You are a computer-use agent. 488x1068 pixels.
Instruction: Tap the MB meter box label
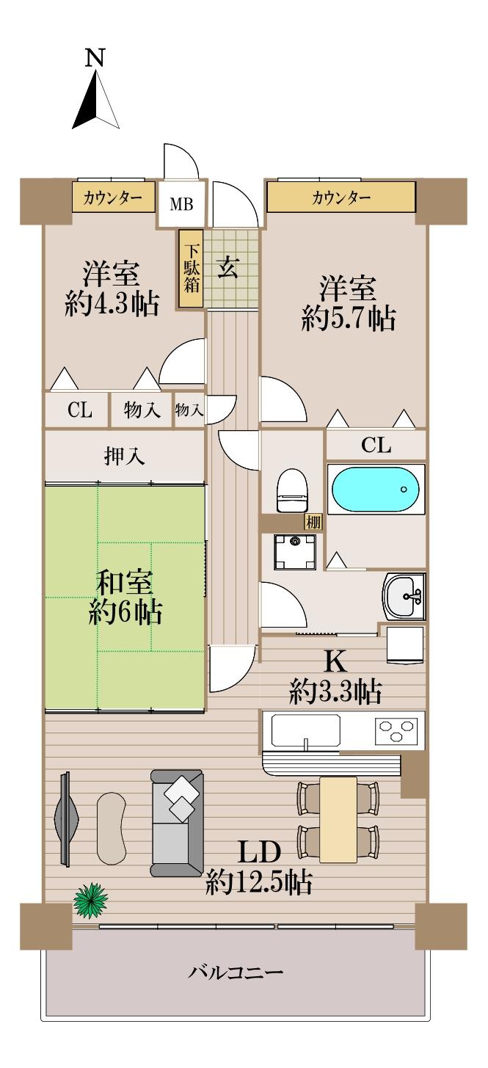coord(181,204)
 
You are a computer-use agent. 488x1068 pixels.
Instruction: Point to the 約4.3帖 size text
coord(112,305)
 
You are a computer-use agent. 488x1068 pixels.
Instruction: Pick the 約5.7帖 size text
coord(349,319)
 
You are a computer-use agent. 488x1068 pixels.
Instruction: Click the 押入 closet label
coord(124,457)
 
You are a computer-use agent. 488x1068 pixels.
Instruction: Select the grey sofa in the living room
coord(176,822)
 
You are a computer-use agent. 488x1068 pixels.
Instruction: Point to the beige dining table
coord(338,818)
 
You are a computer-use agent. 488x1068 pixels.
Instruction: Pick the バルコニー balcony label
coord(236,973)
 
